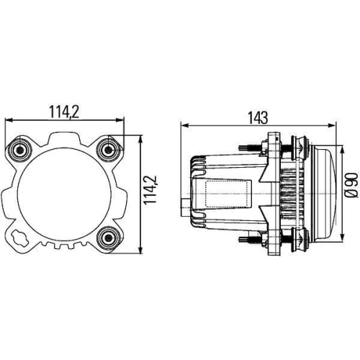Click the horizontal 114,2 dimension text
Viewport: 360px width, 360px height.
coord(65,112)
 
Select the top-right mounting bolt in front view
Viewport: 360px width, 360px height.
coord(108,149)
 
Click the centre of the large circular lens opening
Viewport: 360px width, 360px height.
coord(65,192)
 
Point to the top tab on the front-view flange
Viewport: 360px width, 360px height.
coord(65,137)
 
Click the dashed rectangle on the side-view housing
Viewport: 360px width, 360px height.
coord(224,193)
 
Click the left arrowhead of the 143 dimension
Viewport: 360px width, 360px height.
coord(183,125)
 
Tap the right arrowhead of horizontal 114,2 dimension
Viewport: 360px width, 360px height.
coord(122,120)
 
